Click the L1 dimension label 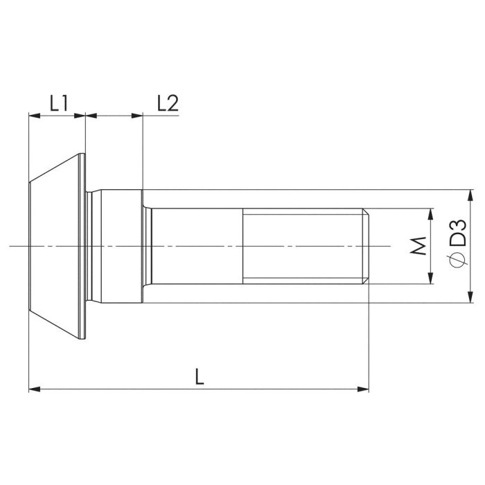[x=59, y=103]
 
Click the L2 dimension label [x=168, y=103]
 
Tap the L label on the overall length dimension [x=200, y=376]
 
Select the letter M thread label [x=418, y=246]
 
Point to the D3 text [x=457, y=233]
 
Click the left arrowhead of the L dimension [x=35, y=389]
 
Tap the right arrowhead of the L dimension [x=363, y=389]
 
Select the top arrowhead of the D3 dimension [x=470, y=195]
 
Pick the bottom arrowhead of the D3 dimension [x=470, y=297]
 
